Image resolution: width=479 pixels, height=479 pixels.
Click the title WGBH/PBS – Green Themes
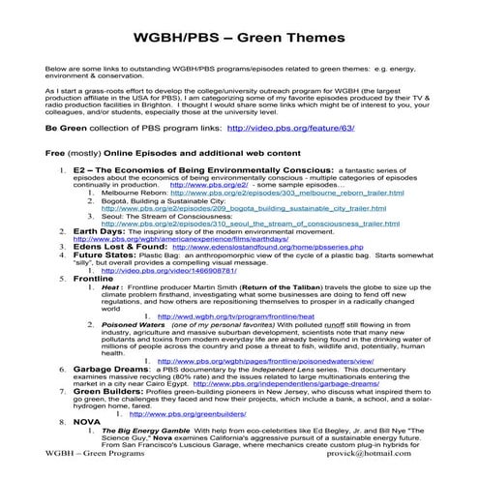pyautogui.click(x=239, y=39)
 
